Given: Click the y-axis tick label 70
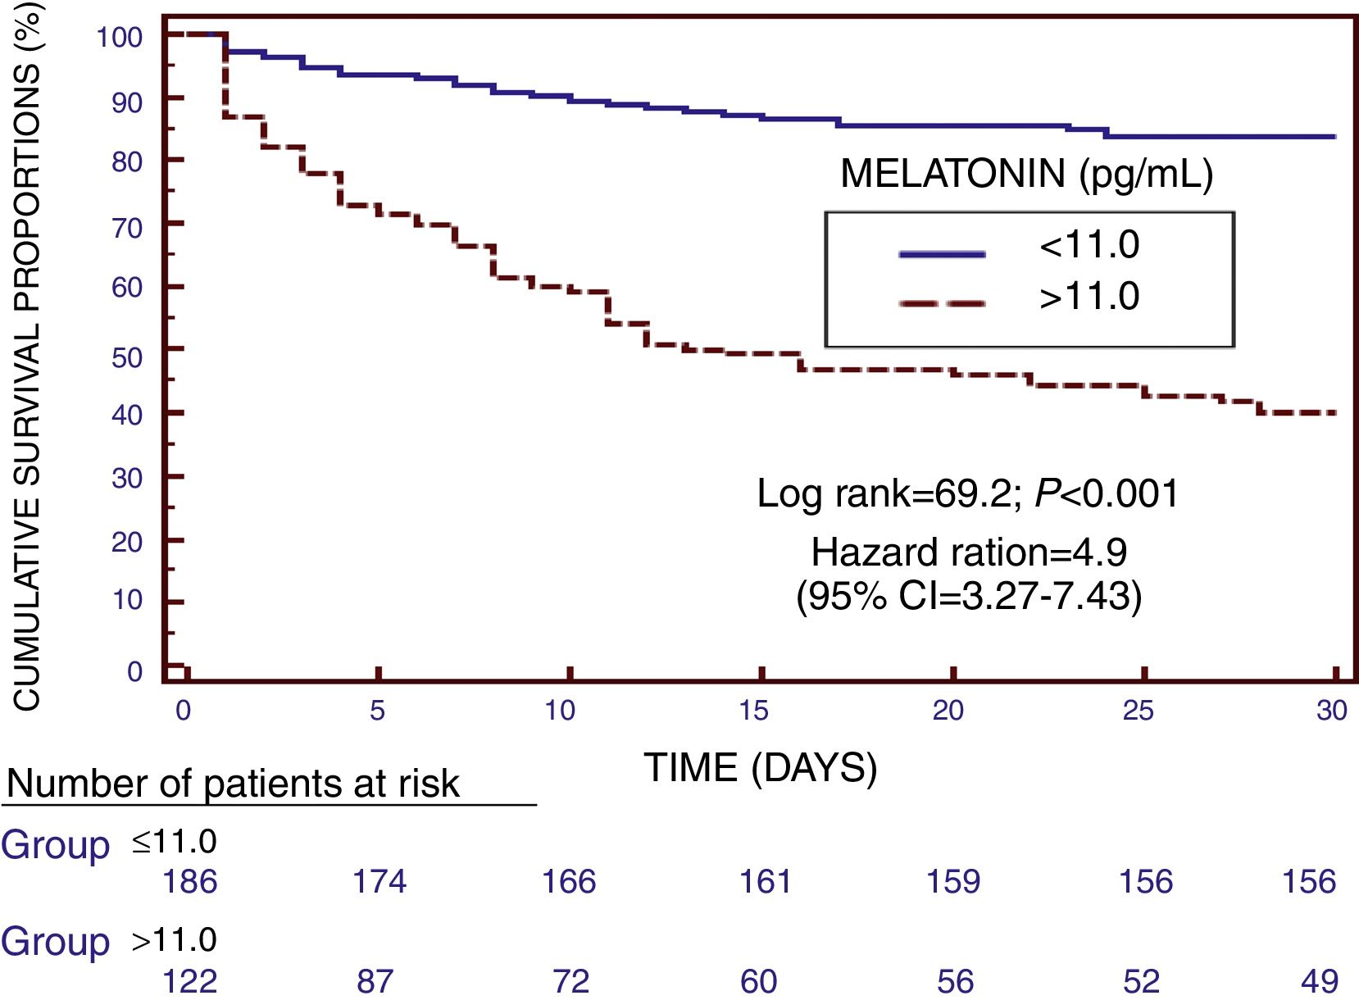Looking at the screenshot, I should click(x=127, y=227).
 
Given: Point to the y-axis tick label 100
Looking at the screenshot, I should click(x=119, y=37).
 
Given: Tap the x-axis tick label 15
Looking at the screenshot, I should click(x=753, y=710).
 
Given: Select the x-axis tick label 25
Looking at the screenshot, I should click(x=1138, y=710).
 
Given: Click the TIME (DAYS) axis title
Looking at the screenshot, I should click(x=761, y=768).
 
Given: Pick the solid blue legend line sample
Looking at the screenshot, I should click(x=942, y=254).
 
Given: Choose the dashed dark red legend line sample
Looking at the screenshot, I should click(x=942, y=303).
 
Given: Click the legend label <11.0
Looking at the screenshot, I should click(x=1089, y=245).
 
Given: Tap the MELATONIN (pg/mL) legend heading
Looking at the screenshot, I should click(x=1027, y=174).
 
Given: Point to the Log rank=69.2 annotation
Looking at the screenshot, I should click(x=967, y=493).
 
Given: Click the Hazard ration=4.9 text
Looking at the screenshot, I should click(x=969, y=552).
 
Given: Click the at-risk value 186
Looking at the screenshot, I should click(x=190, y=881).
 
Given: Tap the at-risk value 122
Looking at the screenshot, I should click(x=190, y=980).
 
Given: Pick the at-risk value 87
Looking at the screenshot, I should click(x=375, y=980).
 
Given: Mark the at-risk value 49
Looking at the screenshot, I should click(x=1320, y=980).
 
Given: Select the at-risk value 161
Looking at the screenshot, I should click(x=765, y=881).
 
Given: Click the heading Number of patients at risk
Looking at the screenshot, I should click(x=233, y=784).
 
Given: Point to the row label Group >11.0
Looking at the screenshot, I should click(x=108, y=940).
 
